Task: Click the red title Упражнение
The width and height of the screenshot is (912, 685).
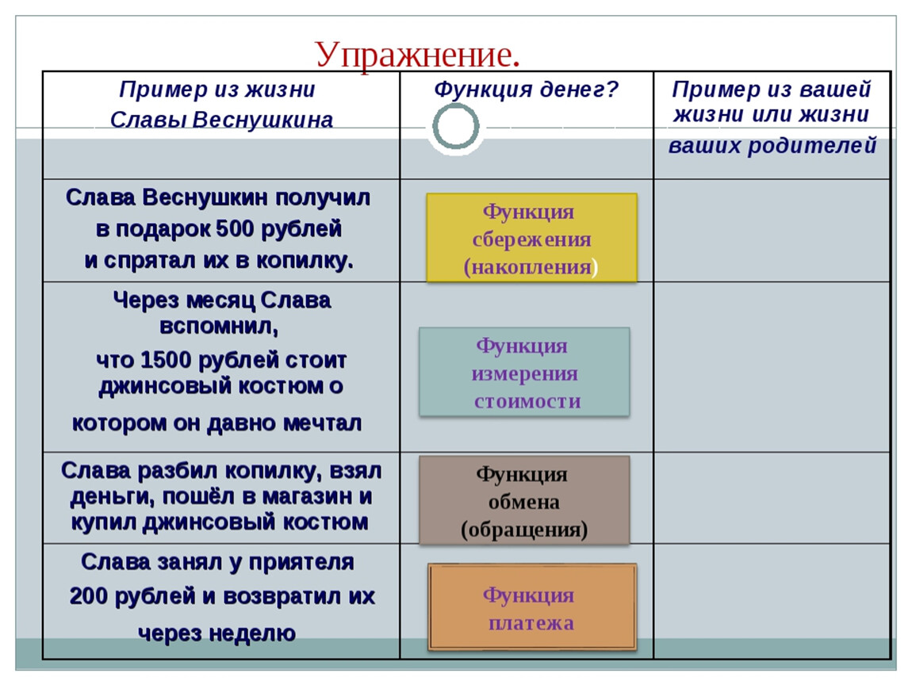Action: point(417,55)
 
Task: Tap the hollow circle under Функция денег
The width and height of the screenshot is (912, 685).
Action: point(456,106)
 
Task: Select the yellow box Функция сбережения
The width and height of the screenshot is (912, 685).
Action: point(531,238)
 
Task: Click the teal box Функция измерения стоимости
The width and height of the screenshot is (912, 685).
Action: point(524,372)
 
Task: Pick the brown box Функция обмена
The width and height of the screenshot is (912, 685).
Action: point(524,500)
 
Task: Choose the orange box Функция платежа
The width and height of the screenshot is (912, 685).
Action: point(532,607)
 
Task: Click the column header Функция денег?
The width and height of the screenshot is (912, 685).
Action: point(527,90)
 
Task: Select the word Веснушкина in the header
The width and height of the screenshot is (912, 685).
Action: point(262,120)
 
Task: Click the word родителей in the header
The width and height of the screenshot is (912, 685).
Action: point(812,145)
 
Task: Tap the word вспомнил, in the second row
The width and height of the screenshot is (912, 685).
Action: point(219,326)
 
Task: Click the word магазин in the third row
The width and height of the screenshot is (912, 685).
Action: point(301,496)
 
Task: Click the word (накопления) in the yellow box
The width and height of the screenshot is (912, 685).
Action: point(531,267)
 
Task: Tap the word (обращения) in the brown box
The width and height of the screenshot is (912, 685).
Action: point(524,530)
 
